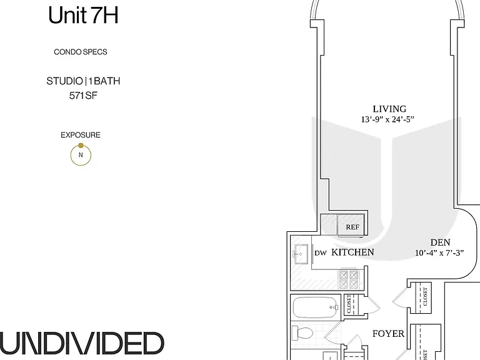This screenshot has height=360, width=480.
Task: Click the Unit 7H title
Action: [83, 15]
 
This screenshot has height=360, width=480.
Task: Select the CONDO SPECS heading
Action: [81, 52]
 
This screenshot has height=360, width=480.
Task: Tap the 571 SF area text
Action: [83, 96]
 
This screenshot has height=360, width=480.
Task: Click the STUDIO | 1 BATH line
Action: [83, 81]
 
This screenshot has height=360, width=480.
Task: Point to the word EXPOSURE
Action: [81, 135]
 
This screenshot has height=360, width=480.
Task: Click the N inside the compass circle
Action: [81, 155]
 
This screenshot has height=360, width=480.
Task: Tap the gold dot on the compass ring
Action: [81, 146]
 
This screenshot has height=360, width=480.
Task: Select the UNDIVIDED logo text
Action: [82, 343]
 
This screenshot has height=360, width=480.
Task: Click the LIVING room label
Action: [389, 109]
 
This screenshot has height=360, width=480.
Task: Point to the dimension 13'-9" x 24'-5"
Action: [387, 119]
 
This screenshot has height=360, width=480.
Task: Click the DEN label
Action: [440, 242]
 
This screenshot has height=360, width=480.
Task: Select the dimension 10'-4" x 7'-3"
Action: [439, 253]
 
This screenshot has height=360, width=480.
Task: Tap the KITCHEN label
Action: [352, 252]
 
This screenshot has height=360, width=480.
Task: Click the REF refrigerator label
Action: [352, 227]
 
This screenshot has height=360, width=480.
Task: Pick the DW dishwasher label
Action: [321, 253]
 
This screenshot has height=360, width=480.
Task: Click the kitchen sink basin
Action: [301, 254]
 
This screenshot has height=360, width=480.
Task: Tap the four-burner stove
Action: [348, 279]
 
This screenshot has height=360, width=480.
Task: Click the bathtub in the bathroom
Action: [316, 307]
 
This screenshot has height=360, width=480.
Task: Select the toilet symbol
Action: [302, 332]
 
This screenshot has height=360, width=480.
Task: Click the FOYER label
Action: [388, 333]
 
